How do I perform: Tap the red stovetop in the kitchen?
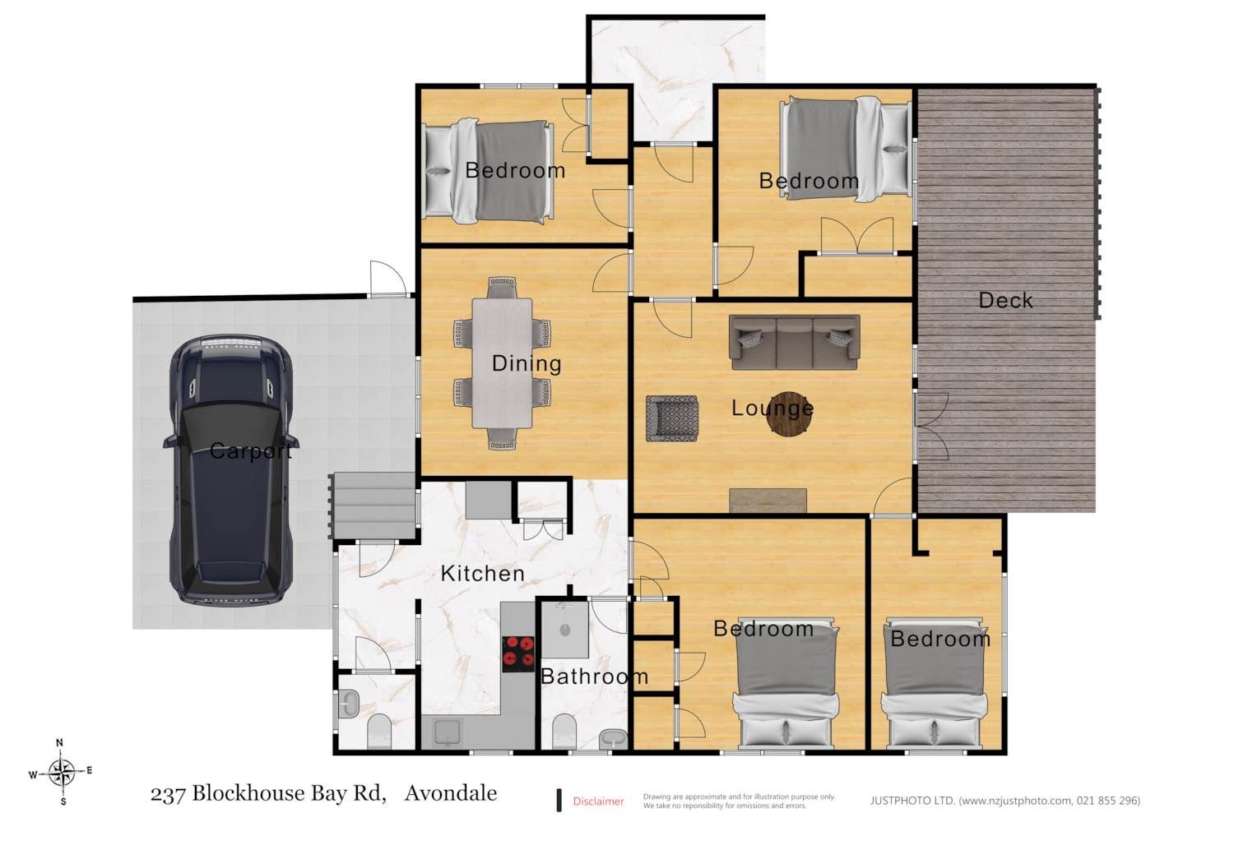518,653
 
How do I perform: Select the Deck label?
1005,300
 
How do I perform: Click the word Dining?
527,363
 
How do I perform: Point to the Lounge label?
772,408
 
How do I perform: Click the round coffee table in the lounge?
790,414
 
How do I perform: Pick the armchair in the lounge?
672,418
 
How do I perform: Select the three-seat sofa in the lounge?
795,342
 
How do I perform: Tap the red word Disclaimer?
598,801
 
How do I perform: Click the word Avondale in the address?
451,793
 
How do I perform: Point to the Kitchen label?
483,574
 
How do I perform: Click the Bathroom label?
595,676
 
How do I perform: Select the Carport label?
251,451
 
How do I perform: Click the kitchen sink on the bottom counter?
447,732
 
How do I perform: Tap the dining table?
502,363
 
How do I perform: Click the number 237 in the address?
168,794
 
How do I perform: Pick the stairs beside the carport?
372,506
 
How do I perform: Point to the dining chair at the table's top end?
502,288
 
